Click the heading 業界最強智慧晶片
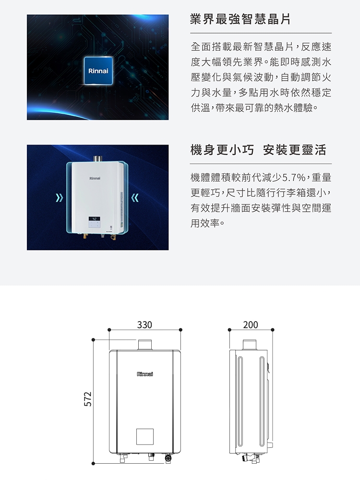point(240,19)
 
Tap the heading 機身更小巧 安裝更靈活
point(258,150)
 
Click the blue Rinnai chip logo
point(98,71)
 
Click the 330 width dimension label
point(144,324)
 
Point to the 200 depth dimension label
point(251,324)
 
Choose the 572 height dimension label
point(88,399)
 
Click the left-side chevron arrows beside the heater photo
point(60,198)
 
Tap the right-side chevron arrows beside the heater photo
point(135,198)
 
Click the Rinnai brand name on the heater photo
point(95,178)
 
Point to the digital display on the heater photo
point(94,219)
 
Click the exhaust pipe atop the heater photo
point(97,158)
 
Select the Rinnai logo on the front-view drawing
point(145,374)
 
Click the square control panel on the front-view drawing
point(145,436)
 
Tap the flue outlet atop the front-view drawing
point(145,344)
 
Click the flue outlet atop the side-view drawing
point(250,344)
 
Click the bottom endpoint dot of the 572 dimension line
point(94,464)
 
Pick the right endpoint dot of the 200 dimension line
point(273,330)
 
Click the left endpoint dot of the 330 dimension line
point(109,330)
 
